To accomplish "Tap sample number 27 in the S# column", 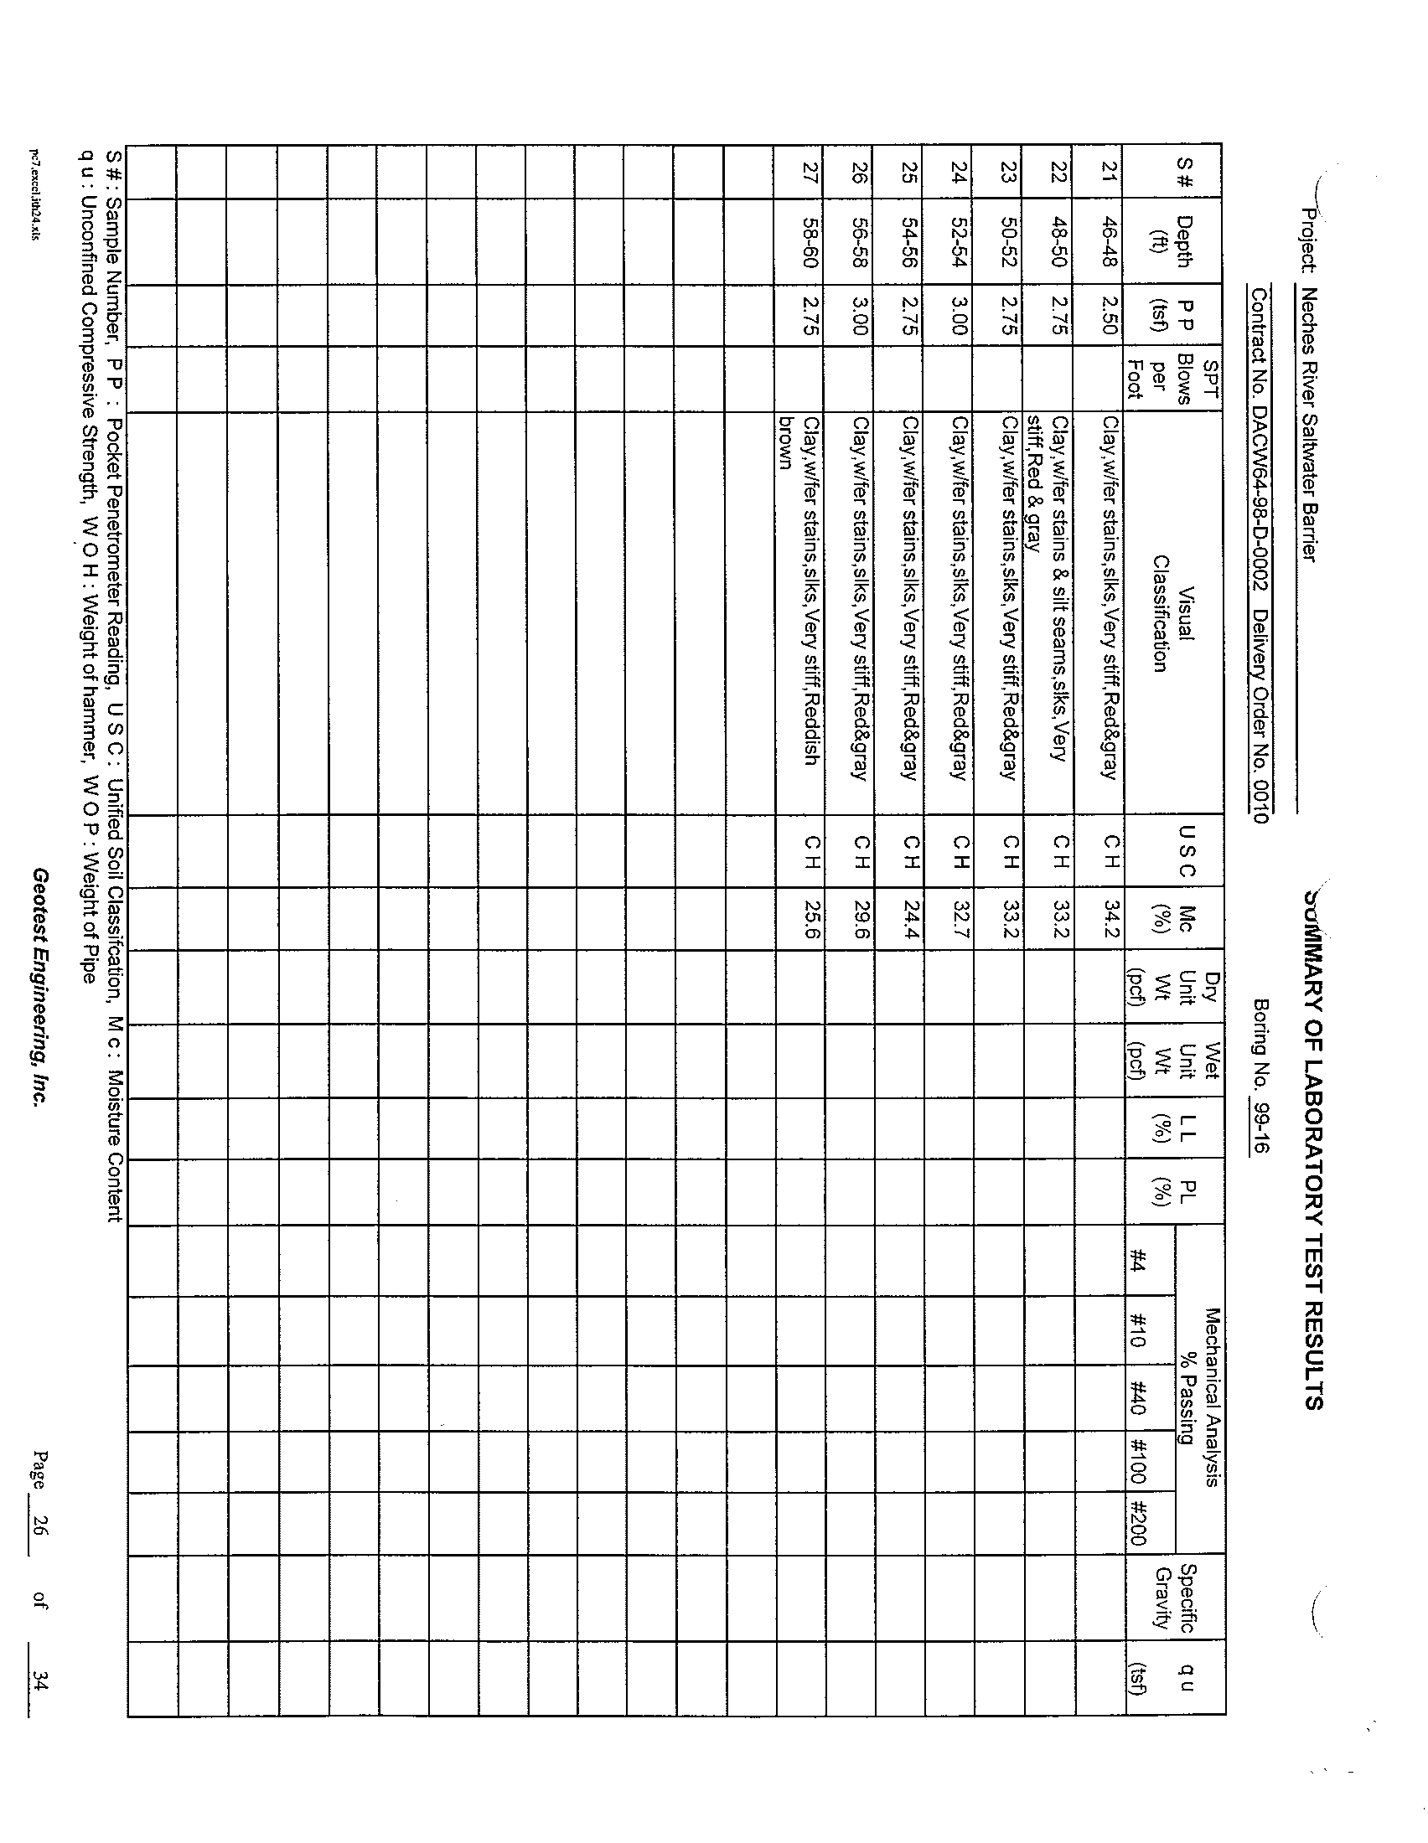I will click(x=810, y=171).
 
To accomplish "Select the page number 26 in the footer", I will click(x=39, y=1524).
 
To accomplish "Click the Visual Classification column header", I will click(x=1173, y=613).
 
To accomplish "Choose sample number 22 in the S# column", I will click(x=1060, y=171).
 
